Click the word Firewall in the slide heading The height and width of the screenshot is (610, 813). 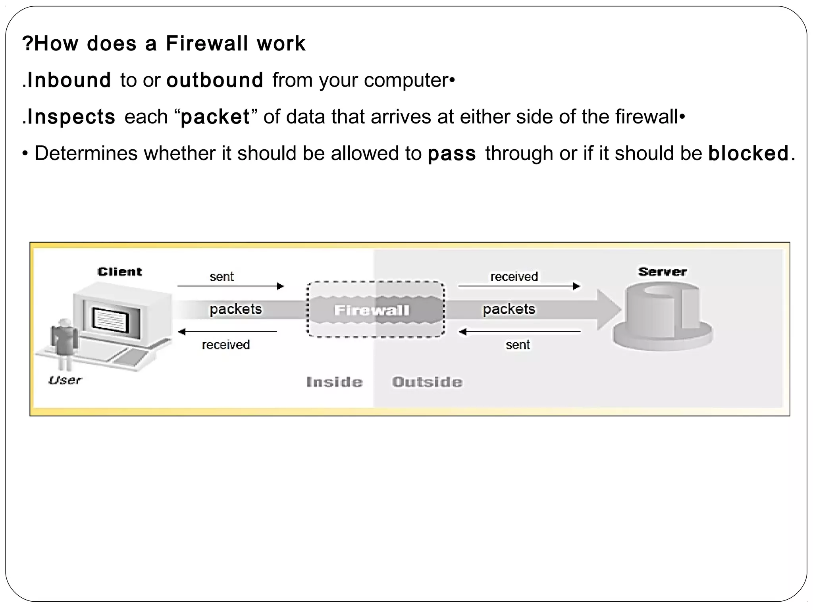(207, 43)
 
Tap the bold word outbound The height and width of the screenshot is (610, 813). (215, 80)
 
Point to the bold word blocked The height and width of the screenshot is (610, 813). (748, 153)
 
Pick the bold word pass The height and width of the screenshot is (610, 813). (452, 153)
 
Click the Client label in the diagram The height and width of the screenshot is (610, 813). (119, 272)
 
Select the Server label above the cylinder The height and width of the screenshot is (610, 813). (662, 272)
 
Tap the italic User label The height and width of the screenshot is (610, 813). (65, 380)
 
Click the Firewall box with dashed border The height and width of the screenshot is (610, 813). (375, 310)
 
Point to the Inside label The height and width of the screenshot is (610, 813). (334, 382)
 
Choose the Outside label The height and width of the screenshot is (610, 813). (427, 382)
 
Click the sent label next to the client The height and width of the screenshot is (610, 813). (222, 276)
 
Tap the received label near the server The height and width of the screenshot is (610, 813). (514, 276)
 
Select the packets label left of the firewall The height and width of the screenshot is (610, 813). (236, 309)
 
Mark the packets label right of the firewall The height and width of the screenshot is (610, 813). (509, 309)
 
